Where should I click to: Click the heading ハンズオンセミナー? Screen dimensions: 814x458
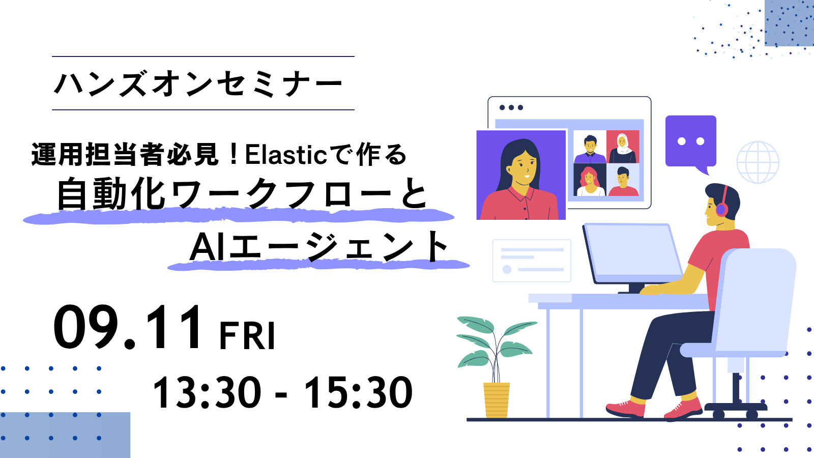(198, 84)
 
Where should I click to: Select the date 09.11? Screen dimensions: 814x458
(127, 327)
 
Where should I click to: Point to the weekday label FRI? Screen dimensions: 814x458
(247, 336)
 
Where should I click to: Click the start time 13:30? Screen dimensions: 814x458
(207, 392)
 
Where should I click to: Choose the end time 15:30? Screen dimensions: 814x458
(358, 392)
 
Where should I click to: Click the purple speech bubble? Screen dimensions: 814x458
(691, 144)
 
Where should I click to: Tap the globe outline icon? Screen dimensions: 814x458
(758, 162)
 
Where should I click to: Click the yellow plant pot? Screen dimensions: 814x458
(497, 399)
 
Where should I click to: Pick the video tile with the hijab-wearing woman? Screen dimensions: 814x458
(623, 147)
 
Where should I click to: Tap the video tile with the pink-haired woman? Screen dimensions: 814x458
(590, 180)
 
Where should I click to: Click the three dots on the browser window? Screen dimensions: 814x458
(511, 107)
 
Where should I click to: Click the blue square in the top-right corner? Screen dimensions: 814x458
(789, 23)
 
